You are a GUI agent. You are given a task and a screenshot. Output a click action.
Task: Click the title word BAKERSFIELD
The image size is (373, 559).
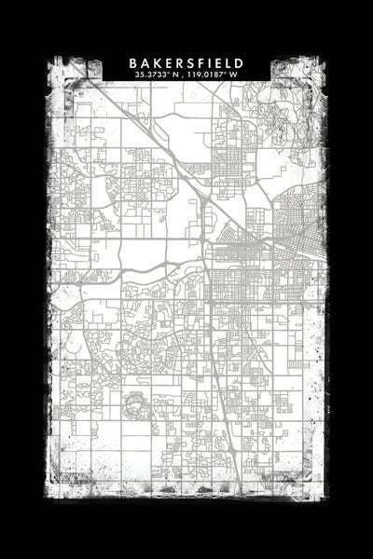[x=186, y=62]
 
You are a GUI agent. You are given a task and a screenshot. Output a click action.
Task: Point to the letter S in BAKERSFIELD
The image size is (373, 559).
[x=190, y=62]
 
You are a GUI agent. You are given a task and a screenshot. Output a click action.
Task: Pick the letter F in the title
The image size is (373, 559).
[x=201, y=62]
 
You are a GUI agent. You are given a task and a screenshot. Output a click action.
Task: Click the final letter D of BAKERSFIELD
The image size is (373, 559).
[x=239, y=62]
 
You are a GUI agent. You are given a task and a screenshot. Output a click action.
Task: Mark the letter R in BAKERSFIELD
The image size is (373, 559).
[x=179, y=62]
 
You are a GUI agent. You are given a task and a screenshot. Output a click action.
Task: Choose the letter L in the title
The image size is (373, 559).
[x=228, y=62]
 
